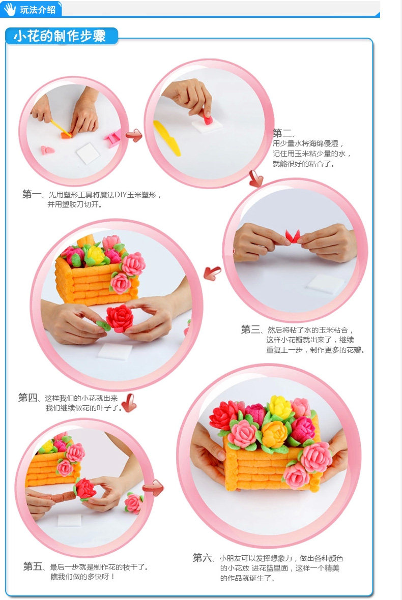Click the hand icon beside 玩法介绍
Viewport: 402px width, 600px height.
pos(10,9)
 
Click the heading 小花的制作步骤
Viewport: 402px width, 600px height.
pos(60,36)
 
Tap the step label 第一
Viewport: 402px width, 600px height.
pos(32,194)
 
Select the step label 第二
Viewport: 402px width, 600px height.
pos(282,133)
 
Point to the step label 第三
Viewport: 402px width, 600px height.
pos(251,329)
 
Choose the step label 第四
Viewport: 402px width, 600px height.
pos(28,398)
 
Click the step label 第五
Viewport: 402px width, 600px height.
pos(33,566)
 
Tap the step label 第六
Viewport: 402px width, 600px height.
pos(203,558)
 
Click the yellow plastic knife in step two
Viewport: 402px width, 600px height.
pos(167,138)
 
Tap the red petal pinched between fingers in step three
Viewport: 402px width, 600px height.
pos(293,236)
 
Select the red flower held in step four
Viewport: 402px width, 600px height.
pos(120,318)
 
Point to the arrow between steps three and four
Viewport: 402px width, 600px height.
pos(212,273)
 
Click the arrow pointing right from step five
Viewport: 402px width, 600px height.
pos(153,488)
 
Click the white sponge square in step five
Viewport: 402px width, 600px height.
pos(70,520)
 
